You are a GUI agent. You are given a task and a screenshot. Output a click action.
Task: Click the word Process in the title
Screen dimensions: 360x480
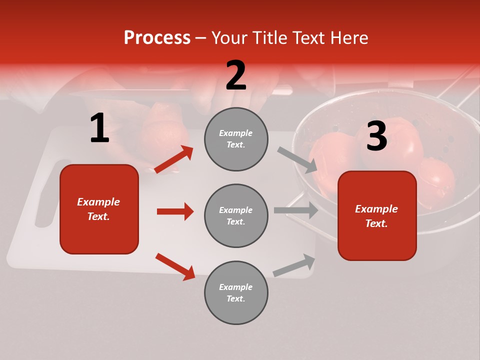(157, 37)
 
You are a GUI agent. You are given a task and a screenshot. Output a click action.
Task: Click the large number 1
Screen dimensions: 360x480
(99, 128)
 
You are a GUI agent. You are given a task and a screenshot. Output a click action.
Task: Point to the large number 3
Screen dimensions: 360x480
(376, 136)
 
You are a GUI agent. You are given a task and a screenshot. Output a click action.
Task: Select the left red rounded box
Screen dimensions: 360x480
(99, 209)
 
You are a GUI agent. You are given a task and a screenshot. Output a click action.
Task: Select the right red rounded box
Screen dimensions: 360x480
(377, 215)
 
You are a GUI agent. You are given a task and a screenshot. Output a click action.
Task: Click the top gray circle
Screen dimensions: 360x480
(236, 139)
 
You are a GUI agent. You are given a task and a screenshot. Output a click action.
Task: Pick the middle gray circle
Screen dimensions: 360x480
(236, 215)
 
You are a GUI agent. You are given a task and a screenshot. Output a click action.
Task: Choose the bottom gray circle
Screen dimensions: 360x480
(236, 292)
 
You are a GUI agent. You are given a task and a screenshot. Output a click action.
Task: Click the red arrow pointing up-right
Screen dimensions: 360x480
(173, 159)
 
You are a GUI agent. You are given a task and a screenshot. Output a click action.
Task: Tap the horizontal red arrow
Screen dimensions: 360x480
(175, 211)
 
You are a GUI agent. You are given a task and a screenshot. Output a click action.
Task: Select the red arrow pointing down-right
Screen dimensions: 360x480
(175, 266)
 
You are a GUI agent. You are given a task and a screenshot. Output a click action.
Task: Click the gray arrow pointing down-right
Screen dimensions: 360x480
(297, 160)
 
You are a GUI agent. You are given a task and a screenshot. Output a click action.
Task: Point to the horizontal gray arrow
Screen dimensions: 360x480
(295, 210)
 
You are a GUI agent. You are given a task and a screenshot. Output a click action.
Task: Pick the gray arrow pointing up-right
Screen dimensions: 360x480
(294, 265)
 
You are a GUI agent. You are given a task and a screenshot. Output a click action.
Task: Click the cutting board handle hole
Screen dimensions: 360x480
(46, 195)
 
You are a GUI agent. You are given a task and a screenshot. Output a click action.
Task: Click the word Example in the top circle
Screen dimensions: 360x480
(236, 133)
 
